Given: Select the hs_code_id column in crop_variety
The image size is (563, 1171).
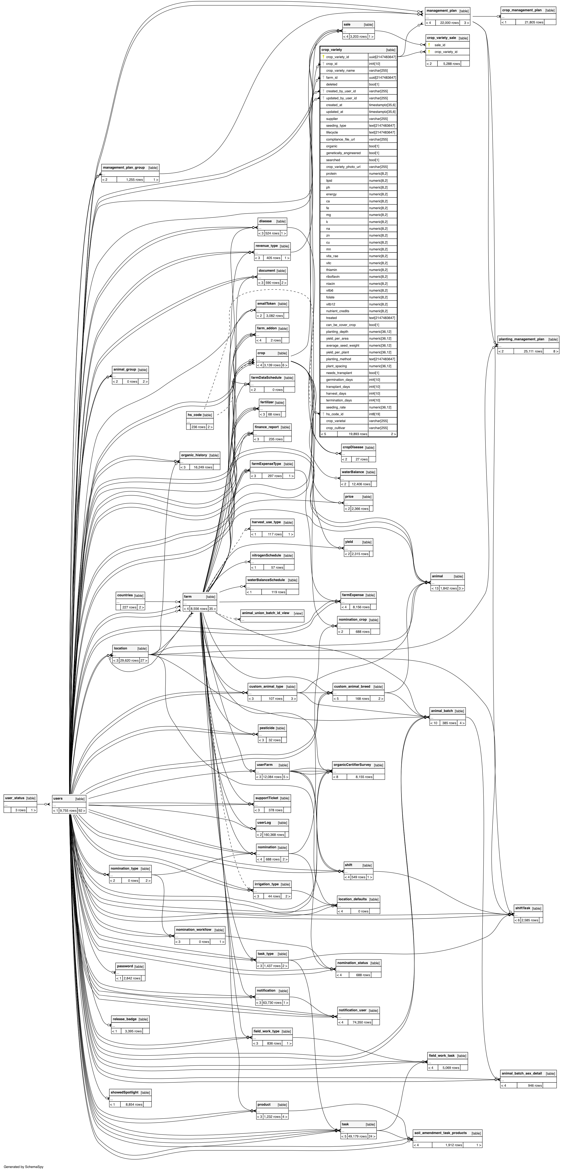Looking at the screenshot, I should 334,414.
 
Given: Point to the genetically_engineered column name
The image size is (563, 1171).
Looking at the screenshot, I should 343,153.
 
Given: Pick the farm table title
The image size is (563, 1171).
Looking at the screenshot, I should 188,597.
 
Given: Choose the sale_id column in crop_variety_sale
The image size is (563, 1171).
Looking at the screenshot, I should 439,45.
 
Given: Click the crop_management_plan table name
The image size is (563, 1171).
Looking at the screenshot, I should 522,10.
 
